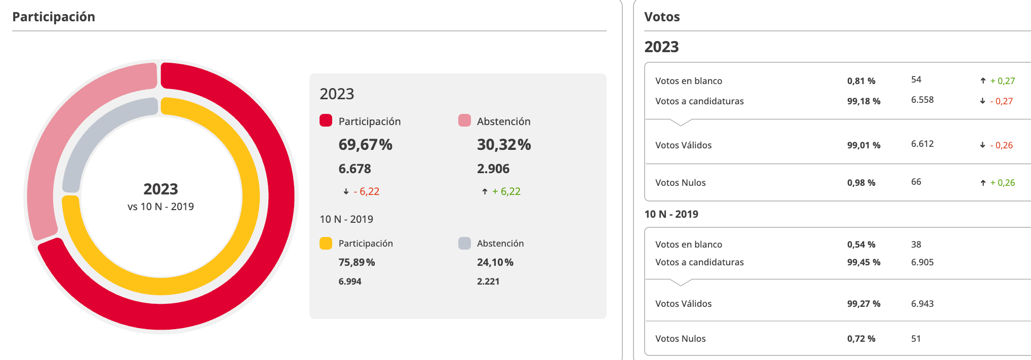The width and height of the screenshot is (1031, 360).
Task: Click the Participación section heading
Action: [54, 17]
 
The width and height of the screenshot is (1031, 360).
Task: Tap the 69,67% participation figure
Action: [365, 145]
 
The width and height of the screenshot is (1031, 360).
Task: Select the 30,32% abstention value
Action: [503, 145]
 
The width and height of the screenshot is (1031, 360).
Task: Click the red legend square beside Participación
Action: [326, 121]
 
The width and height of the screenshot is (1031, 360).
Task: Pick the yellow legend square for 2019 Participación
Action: [326, 243]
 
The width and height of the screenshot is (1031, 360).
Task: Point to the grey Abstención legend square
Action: [464, 243]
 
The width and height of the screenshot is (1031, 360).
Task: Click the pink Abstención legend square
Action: [464, 121]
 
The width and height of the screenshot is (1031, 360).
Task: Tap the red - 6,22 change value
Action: [366, 191]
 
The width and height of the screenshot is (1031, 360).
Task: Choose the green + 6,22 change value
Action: [506, 191]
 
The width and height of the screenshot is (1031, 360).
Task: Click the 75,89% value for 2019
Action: [356, 262]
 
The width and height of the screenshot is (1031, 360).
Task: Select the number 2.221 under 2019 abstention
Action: [488, 282]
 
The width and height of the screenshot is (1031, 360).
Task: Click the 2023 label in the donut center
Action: [161, 189]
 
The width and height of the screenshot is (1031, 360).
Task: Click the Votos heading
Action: [662, 17]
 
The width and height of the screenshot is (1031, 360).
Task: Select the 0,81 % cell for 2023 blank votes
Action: [861, 81]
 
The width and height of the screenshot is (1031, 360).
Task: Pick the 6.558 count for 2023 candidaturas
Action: [922, 100]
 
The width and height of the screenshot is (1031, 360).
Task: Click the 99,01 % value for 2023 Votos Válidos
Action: [863, 145]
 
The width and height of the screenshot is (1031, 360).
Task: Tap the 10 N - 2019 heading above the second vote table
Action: [671, 214]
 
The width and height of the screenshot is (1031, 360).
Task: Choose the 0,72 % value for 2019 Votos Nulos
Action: [861, 339]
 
